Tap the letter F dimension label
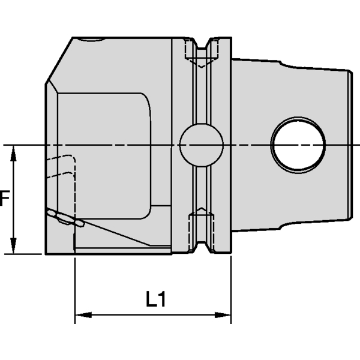click(4, 198)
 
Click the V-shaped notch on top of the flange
click(211, 44)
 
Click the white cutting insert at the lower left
click(63, 219)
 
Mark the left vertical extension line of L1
click(74, 282)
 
